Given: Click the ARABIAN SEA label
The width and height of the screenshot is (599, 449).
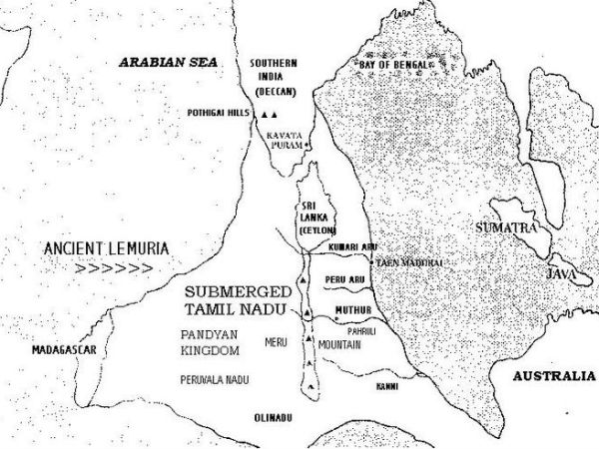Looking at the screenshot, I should (163, 60).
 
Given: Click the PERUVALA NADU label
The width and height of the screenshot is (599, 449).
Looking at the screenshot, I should (214, 380).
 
